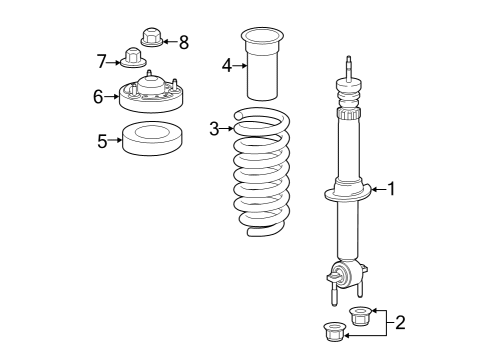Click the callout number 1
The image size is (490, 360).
coord(392,188)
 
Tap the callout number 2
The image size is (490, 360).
coord(400,322)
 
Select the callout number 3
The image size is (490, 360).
coord(213,128)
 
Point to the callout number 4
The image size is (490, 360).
coord(227,66)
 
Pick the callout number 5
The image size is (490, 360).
coord(102,141)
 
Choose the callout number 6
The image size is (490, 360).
coord(98,96)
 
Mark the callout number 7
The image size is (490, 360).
coord(102,63)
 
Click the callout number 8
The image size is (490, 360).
coord(182,42)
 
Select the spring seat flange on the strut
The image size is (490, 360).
coord(348,193)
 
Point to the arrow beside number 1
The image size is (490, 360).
coord(378,188)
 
